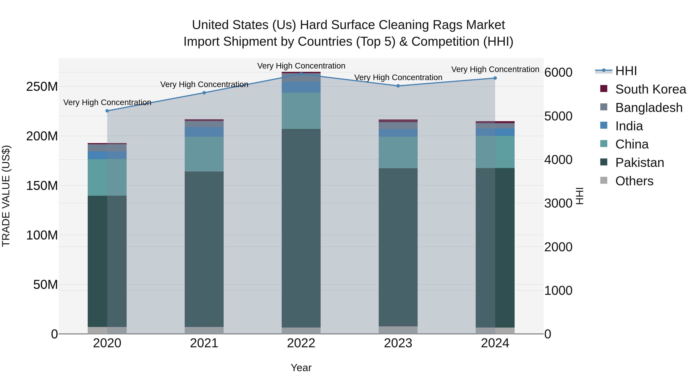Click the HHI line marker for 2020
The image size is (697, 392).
pyautogui.click(x=107, y=111)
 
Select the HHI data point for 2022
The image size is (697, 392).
pyautogui.click(x=301, y=74)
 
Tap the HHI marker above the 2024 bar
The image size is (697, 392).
pyautogui.click(x=495, y=78)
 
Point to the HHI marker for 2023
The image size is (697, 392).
pyautogui.click(x=398, y=86)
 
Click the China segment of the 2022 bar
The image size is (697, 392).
pyautogui.click(x=301, y=111)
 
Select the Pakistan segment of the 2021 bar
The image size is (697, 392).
pyautogui.click(x=204, y=249)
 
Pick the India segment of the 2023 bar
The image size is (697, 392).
pyautogui.click(x=398, y=133)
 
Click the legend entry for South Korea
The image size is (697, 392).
pyautogui.click(x=651, y=89)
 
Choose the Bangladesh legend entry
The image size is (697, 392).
pyautogui.click(x=649, y=108)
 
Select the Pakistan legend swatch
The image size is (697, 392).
pyautogui.click(x=604, y=162)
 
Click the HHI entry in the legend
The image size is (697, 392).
pyautogui.click(x=626, y=71)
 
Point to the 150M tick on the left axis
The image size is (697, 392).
pyautogui.click(x=42, y=186)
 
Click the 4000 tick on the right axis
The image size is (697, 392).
pyautogui.click(x=558, y=160)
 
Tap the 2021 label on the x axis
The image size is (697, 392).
pyautogui.click(x=204, y=343)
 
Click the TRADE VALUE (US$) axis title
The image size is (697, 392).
pyautogui.click(x=6, y=196)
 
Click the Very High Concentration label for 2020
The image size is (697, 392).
pyautogui.click(x=107, y=103)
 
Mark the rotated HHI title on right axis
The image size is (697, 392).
pyautogui.click(x=579, y=196)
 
